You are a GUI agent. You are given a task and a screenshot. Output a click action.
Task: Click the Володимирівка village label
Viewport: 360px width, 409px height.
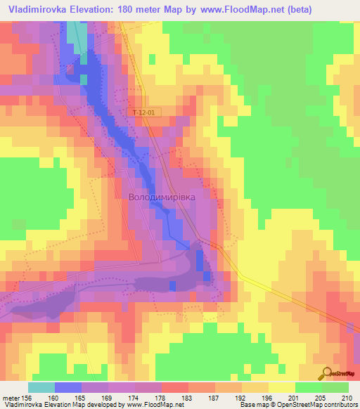coord(162,198)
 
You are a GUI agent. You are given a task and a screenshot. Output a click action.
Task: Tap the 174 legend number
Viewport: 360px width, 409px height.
coord(136,397)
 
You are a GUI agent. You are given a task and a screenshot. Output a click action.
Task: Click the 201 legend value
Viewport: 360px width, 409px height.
coord(295,397)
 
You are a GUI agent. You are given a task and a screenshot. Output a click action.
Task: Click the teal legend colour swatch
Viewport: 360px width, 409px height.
coord(41,387)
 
